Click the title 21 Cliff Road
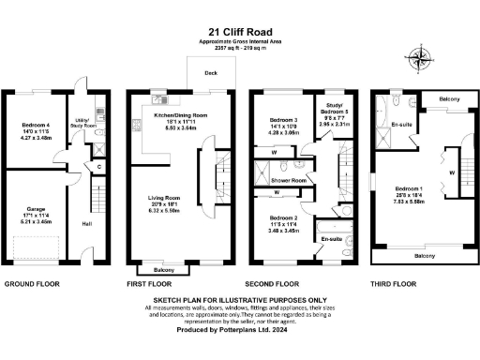click(239, 32)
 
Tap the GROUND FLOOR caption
click(35, 282)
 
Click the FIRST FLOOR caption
click(151, 282)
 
